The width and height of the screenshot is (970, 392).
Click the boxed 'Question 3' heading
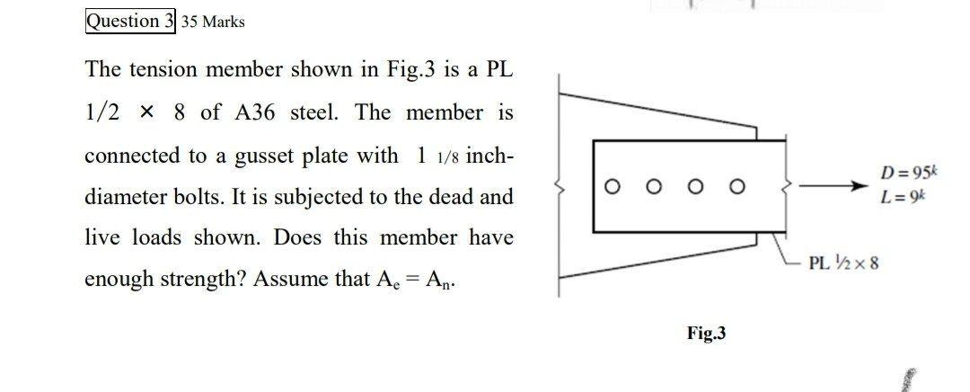pos(130,22)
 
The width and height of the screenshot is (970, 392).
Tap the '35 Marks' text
pos(213,22)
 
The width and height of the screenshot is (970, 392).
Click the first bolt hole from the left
pos(613,187)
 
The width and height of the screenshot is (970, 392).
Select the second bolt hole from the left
pos(654,187)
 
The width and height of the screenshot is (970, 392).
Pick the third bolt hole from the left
pos(696,187)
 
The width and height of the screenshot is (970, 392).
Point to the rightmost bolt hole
pos(737,187)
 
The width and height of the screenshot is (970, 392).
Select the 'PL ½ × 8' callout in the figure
pos(843,263)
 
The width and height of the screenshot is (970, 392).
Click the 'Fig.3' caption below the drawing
pos(707,334)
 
